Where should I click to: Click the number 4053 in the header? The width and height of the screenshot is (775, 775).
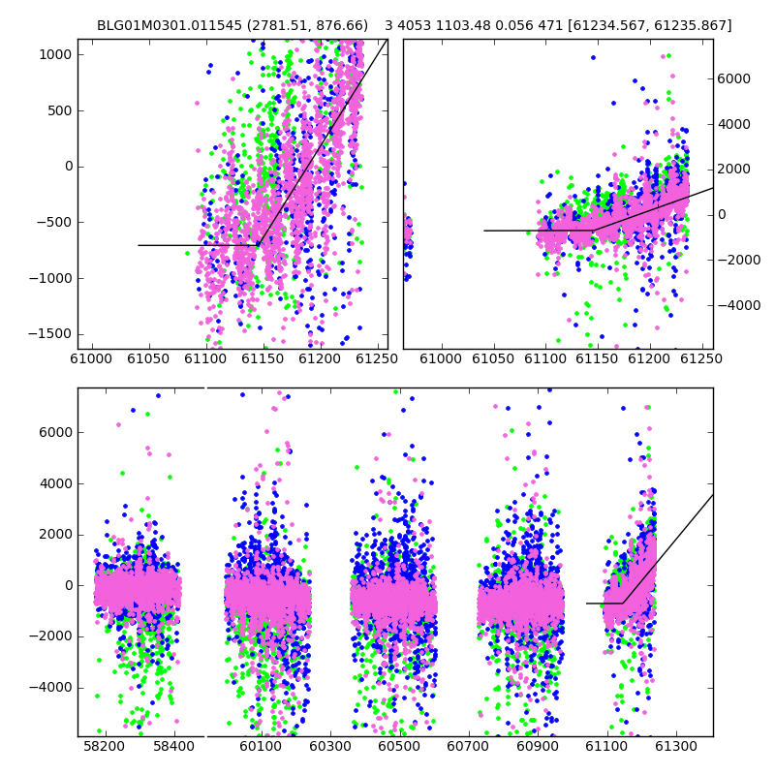pos(411,25)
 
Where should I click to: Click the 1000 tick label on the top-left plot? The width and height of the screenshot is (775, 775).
pos(55,54)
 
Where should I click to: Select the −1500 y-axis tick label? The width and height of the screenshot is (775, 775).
pos(50,334)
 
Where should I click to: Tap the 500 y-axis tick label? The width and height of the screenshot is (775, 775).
pos(60,110)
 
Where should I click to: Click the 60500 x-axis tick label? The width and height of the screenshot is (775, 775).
pos(399,745)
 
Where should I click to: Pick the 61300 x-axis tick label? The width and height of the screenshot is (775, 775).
pos(675,745)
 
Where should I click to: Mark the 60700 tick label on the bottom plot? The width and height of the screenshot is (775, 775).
pos(468,745)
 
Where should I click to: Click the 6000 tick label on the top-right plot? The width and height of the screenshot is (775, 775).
pos(734,78)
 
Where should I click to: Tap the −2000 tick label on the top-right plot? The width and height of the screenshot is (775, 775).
pos(739,260)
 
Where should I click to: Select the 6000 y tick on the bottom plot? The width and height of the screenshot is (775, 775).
pos(55,432)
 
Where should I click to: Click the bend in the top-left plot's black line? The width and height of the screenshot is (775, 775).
pos(258,245)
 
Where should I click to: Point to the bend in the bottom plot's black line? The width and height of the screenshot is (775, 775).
pos(623,603)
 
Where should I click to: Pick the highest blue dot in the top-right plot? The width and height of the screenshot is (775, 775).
pos(593,58)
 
